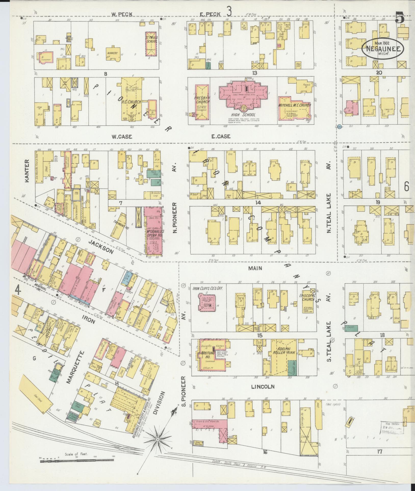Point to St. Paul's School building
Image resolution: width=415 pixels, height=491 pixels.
tap(152, 44)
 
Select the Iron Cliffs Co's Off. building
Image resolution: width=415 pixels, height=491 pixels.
tap(207, 302)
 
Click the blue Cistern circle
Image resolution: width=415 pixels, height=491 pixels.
tap(340, 127)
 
